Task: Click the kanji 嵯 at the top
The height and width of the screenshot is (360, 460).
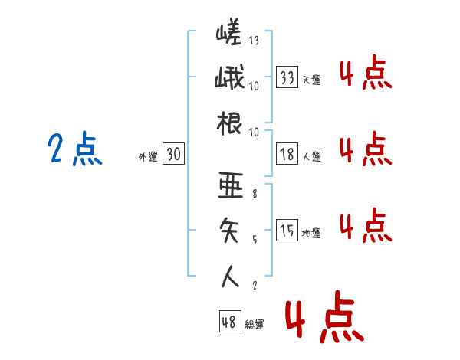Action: [x=228, y=31]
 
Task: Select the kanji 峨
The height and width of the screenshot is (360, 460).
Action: [x=229, y=77]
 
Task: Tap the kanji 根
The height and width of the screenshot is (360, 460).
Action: [x=229, y=123]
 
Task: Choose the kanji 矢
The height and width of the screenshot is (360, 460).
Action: [x=229, y=231]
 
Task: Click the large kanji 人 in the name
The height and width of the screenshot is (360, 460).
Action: [x=230, y=277]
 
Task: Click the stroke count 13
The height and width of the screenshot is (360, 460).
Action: [x=254, y=40]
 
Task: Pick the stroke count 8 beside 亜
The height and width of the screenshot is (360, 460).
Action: [x=255, y=194]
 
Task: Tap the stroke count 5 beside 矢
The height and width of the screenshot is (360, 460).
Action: [x=255, y=240]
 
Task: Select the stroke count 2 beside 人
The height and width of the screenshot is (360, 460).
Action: [x=255, y=285]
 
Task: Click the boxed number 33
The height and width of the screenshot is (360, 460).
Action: [x=287, y=77]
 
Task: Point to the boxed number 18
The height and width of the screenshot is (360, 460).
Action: [x=287, y=154]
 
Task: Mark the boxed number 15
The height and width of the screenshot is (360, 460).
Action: [x=287, y=230]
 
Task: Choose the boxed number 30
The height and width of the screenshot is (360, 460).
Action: [x=174, y=154]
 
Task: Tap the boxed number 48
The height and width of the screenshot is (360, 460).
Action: [x=230, y=322]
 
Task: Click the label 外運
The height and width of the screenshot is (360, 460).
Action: [x=148, y=157]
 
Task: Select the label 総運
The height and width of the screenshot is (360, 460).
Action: [x=255, y=325]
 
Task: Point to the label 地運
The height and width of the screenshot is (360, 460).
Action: [x=311, y=234]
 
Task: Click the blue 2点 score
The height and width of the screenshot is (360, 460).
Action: [x=75, y=149]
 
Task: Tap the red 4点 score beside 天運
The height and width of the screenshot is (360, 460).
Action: [x=366, y=72]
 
